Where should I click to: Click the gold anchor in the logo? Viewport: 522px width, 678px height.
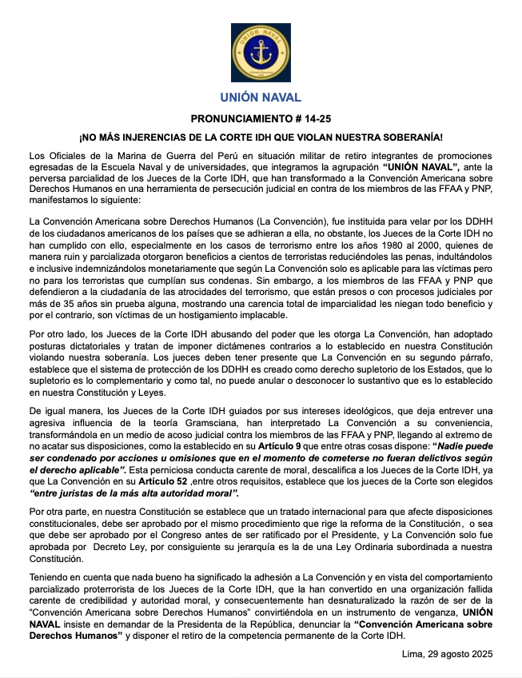click(x=261, y=53)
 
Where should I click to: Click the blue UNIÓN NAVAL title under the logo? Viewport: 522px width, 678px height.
click(x=261, y=98)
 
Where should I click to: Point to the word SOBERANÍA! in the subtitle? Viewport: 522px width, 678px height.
click(x=439, y=137)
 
